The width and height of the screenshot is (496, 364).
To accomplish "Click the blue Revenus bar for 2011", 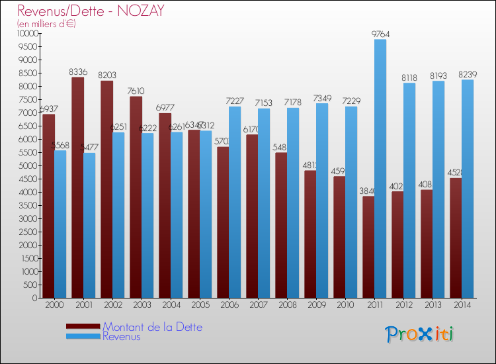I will (380, 169).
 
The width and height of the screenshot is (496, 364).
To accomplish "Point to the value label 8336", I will (78, 72).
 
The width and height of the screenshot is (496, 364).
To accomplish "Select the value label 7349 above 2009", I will (322, 98).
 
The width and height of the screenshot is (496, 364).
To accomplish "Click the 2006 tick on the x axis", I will (229, 304).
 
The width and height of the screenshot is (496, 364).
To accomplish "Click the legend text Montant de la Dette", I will (152, 327).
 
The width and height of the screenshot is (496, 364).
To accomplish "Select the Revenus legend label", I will (122, 336).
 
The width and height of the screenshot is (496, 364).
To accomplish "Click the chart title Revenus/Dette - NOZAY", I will (91, 11).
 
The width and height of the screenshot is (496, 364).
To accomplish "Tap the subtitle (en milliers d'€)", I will (46, 24).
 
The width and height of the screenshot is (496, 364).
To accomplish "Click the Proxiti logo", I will (419, 334).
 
